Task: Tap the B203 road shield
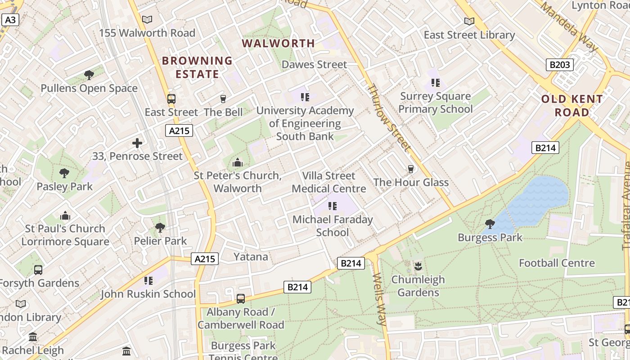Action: pos(560,65)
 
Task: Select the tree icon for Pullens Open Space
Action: pos(89,75)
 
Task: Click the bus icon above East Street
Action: pos(171,99)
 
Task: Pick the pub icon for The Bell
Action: pos(223,99)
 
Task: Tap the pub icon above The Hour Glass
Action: pos(410,169)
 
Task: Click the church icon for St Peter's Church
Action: pos(237,162)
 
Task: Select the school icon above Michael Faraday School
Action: pos(333,206)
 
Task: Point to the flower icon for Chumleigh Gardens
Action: pos(418,266)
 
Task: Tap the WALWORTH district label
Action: pos(279,44)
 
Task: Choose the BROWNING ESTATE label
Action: pos(197,67)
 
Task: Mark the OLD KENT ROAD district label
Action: pos(571,106)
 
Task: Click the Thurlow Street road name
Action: pos(389,117)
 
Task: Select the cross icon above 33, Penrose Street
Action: pos(137,144)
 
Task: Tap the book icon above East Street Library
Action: pos(469,22)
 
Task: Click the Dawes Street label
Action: pos(314,65)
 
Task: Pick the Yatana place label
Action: pos(251,257)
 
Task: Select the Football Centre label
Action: pos(557,263)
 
